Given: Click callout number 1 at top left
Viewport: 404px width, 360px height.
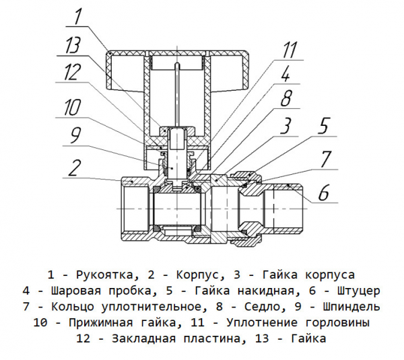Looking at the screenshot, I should click(x=77, y=15).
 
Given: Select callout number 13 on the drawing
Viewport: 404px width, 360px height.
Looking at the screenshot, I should click(x=73, y=46).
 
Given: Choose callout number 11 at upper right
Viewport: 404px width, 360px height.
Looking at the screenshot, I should click(x=290, y=48).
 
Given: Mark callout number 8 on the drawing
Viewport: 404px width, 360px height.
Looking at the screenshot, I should click(x=285, y=100).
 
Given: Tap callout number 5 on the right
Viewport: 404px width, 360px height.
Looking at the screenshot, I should click(x=324, y=127).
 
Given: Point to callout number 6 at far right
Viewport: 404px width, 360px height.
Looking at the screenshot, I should click(x=324, y=193).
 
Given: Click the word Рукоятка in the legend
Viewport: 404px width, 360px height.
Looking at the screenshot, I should click(x=106, y=275).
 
